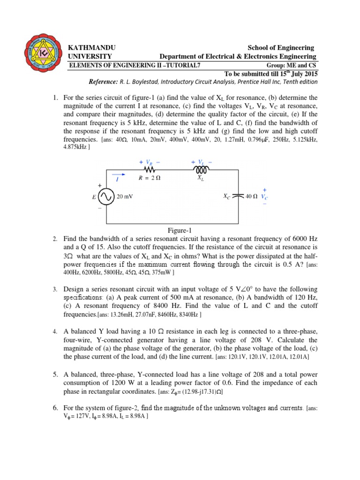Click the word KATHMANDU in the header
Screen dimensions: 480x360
[92, 48]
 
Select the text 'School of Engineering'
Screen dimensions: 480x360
[281, 48]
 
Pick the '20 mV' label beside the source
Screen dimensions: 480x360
[125, 197]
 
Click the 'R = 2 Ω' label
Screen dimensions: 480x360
[150, 178]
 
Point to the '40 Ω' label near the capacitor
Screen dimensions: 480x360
[252, 197]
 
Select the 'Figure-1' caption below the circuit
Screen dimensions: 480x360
[180, 230]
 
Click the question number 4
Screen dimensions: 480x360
[55, 331]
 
